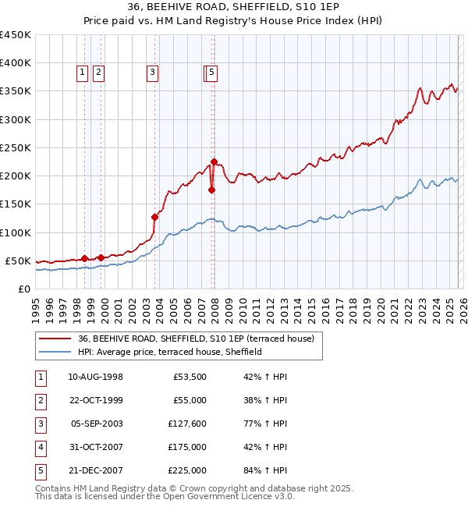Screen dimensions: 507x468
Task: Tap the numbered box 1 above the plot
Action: click(82, 73)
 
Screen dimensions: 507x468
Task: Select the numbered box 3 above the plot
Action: click(152, 73)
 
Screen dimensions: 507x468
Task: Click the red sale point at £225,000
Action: click(214, 161)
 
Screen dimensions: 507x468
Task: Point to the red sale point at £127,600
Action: click(154, 217)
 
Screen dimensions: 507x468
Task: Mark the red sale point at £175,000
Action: click(211, 190)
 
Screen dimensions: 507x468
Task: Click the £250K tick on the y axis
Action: click(16, 147)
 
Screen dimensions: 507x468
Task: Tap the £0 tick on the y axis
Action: click(24, 289)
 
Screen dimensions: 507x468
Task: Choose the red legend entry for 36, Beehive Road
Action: click(195, 339)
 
